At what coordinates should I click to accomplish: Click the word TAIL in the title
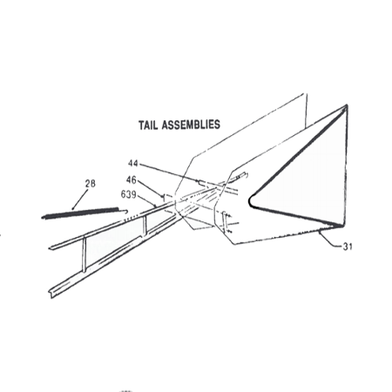tap(148, 125)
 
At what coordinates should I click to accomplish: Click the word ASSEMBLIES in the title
tap(191, 125)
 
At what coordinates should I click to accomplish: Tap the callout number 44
tap(133, 164)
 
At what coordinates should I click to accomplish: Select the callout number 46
tap(131, 180)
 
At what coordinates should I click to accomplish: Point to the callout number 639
tap(128, 194)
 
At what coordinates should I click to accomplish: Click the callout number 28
tap(90, 184)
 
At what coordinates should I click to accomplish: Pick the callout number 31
tap(348, 247)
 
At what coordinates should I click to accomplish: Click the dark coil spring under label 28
tap(81, 213)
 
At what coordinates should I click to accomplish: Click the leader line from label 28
tap(79, 199)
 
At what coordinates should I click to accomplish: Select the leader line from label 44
tap(168, 173)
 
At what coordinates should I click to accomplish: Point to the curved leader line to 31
tap(330, 240)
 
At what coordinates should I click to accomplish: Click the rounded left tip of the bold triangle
tap(250, 201)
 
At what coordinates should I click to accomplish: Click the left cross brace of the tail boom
tap(84, 254)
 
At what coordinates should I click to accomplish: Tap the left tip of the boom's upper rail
tap(50, 247)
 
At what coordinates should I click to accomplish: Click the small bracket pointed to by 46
tap(164, 199)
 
